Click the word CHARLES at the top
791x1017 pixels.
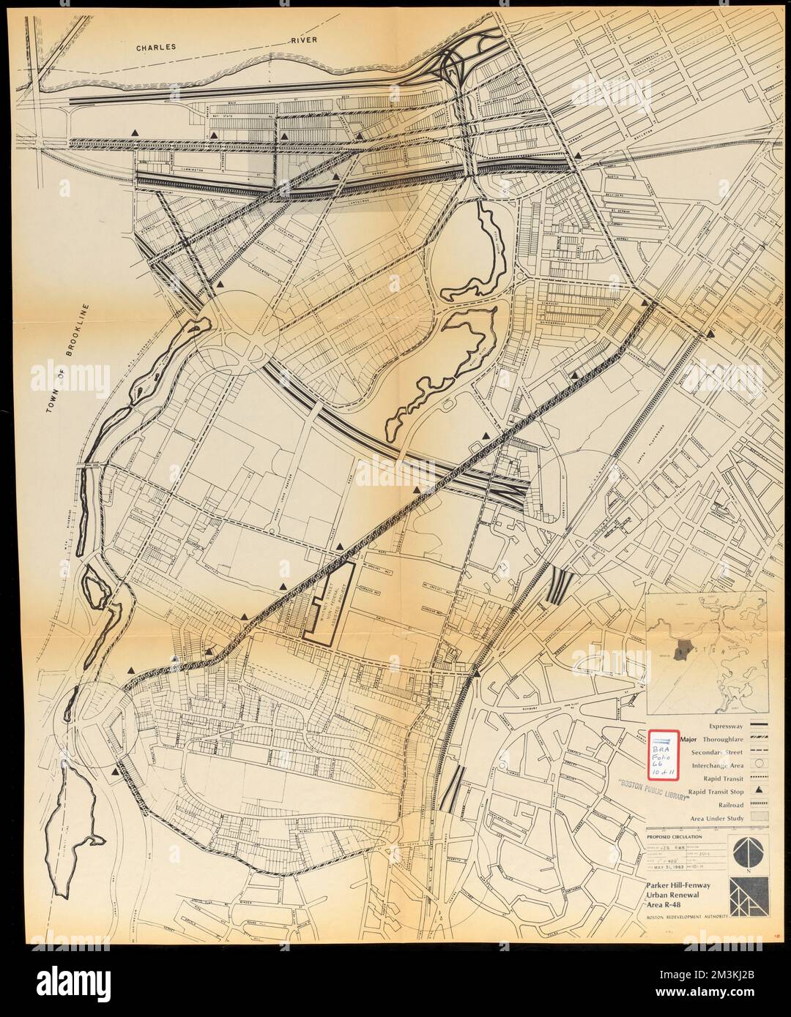pyautogui.click(x=156, y=48)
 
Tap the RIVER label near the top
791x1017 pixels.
pyautogui.click(x=301, y=41)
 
